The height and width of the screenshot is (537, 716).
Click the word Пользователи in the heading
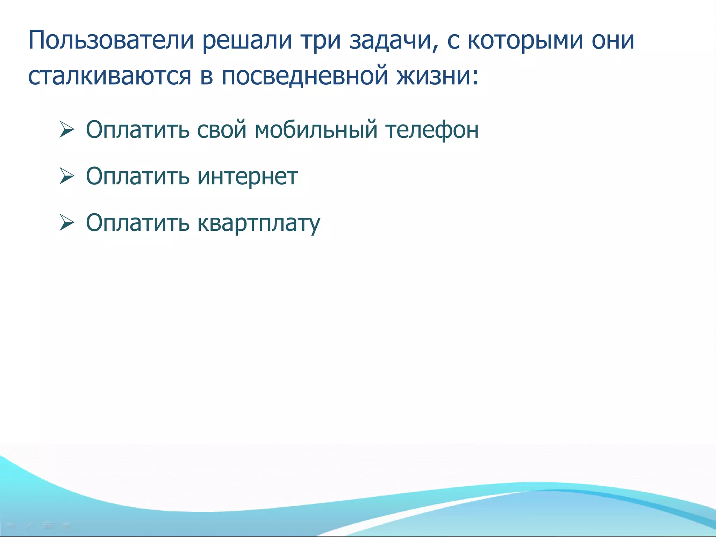[x=111, y=40]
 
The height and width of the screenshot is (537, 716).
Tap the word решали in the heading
[x=247, y=40]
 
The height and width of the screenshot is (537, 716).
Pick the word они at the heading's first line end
[x=613, y=40]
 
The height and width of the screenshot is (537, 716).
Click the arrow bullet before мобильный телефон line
[x=66, y=130]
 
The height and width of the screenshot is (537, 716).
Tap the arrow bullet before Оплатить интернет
[x=66, y=176]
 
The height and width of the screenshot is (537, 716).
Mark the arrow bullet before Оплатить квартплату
[x=66, y=222]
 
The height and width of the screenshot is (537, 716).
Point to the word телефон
[x=432, y=130]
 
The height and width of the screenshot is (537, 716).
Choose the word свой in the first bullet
[x=222, y=130]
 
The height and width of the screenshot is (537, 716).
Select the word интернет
[x=248, y=176]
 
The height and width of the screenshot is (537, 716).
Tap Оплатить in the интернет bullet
[x=137, y=176]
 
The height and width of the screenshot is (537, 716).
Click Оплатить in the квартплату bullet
[x=137, y=222]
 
